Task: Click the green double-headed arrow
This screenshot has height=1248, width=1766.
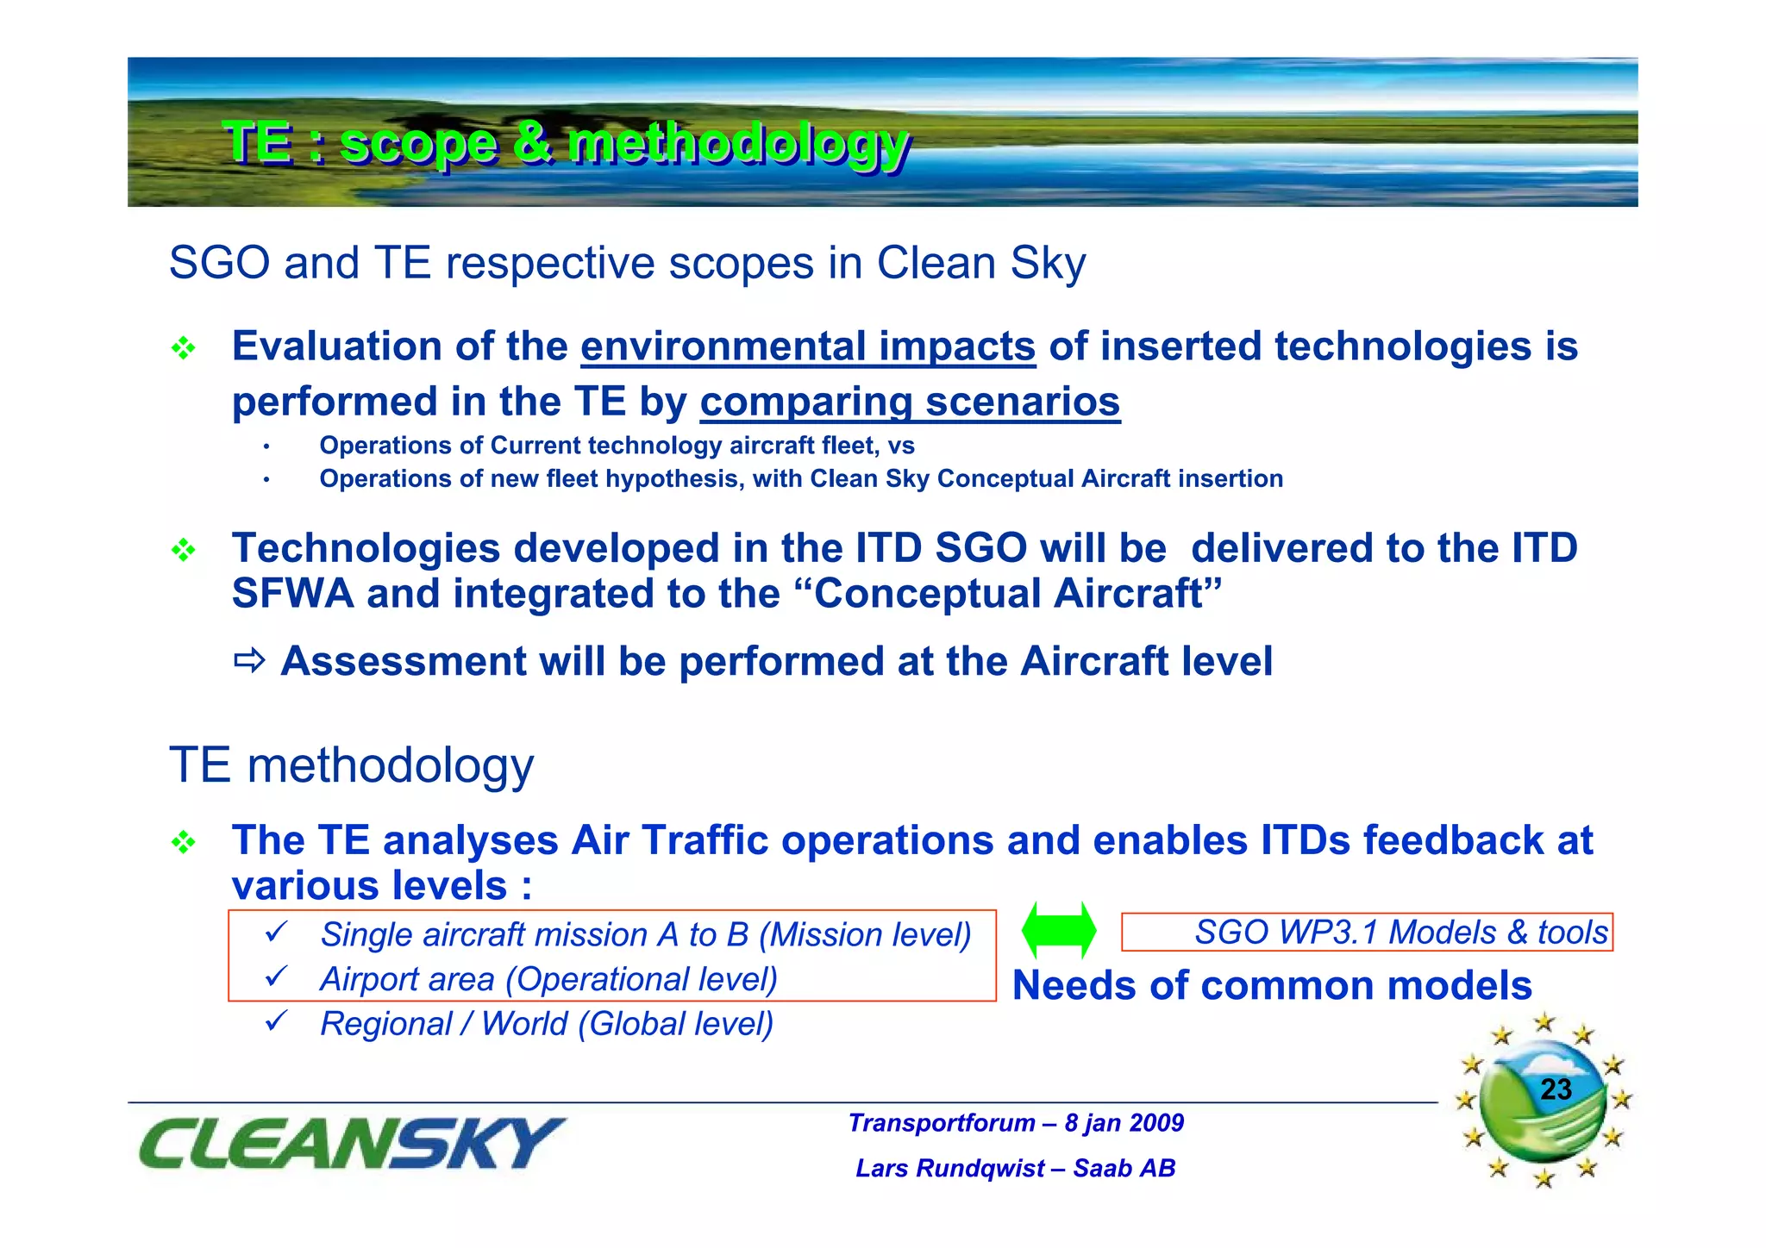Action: pos(1058,931)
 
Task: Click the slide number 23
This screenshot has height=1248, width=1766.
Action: pos(1556,1089)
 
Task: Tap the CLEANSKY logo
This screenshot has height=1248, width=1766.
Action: pos(351,1144)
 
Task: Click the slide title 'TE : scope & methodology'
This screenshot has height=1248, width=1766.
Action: pos(566,143)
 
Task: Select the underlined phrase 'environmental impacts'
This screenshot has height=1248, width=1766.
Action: pos(808,346)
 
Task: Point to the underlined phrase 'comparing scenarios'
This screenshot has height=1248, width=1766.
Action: pos(910,402)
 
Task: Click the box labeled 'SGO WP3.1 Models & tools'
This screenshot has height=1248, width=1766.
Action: pos(1367,933)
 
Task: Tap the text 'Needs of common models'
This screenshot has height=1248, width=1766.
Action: pos(1272,985)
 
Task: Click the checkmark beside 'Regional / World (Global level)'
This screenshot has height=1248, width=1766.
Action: pos(276,1021)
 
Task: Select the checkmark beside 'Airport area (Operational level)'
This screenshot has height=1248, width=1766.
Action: pos(276,977)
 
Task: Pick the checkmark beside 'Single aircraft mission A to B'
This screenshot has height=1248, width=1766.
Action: pos(276,932)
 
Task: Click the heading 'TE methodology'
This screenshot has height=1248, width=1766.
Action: pos(351,765)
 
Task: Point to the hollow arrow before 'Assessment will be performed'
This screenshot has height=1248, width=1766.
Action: pos(249,661)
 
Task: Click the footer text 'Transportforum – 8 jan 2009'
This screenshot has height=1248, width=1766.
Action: pos(1016,1123)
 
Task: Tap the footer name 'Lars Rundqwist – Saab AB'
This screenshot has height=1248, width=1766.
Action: pos(1016,1169)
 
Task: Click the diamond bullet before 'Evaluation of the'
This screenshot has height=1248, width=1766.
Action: pos(183,349)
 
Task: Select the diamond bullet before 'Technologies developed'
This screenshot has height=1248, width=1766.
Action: pos(183,550)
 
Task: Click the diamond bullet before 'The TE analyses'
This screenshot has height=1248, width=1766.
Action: pos(183,842)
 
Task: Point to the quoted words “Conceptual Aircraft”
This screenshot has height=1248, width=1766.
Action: pos(1018,594)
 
